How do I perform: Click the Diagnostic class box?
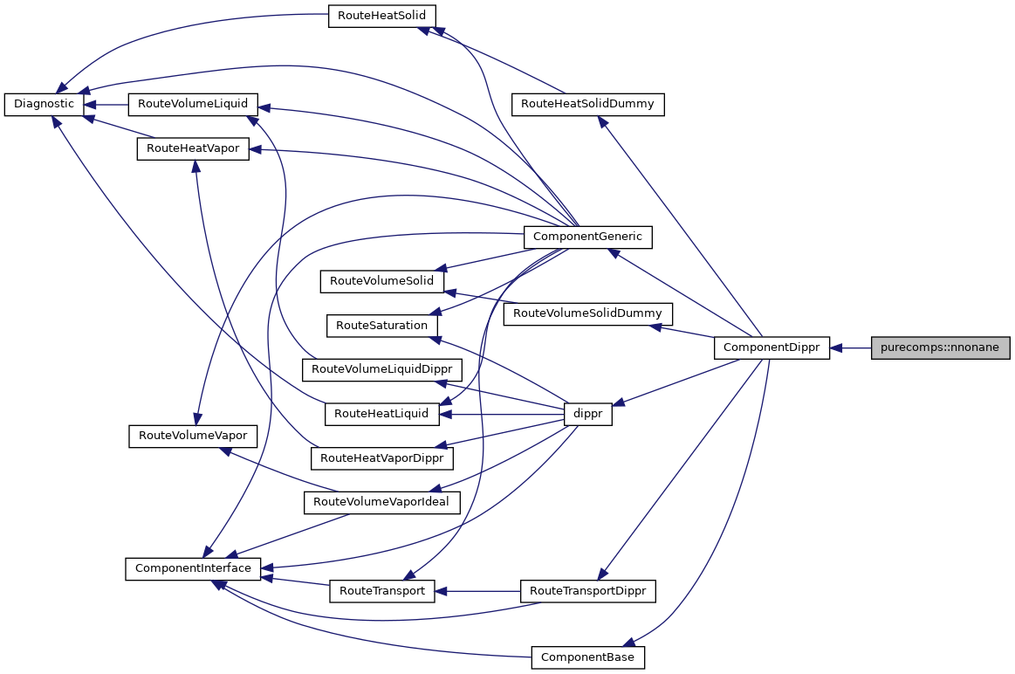[44, 104]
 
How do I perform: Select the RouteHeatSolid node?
[381, 16]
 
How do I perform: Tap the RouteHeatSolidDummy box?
[587, 104]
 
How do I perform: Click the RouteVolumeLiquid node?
[193, 104]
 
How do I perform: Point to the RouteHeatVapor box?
[193, 149]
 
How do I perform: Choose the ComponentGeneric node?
[587, 236]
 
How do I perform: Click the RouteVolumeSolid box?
[382, 281]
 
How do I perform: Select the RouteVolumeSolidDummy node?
[587, 313]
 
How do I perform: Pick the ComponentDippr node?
[772, 347]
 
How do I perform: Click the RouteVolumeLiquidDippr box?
[381, 369]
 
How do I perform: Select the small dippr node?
[588, 415]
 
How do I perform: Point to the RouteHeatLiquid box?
[381, 414]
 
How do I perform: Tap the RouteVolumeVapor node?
[193, 436]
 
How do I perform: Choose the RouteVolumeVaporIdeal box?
[381, 502]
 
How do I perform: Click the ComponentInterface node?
[193, 568]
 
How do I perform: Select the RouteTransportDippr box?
[587, 591]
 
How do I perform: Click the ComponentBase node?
[587, 657]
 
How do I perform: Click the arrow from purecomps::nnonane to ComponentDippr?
[851, 347]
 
